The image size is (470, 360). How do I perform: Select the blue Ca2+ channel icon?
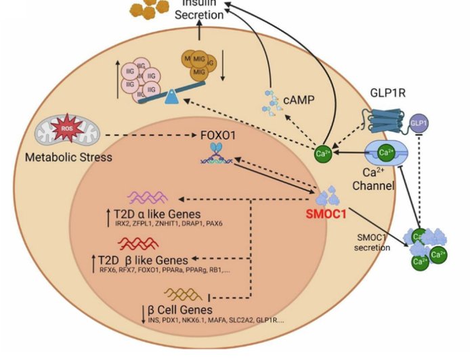click(384, 153)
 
